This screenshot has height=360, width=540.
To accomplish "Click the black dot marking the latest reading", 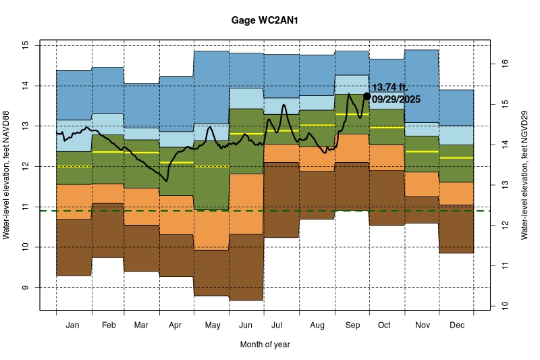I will pyautogui.click(x=367, y=96).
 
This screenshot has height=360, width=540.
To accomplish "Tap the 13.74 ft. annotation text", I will pyautogui.click(x=399, y=88).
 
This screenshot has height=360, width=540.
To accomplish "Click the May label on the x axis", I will pyautogui.click(x=212, y=326).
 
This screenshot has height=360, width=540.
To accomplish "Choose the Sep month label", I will pyautogui.click(x=352, y=326).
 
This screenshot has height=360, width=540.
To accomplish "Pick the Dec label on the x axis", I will pyautogui.click(x=456, y=326).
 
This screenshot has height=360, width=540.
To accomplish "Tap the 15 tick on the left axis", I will pyautogui.click(x=26, y=45).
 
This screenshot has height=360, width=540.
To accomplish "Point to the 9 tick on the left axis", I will pyautogui.click(x=26, y=288).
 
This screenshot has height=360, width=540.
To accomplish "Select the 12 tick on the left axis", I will pyautogui.click(x=26, y=166).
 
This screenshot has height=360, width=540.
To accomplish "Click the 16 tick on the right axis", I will pyautogui.click(x=503, y=63).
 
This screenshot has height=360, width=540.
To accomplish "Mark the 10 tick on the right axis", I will pyautogui.click(x=503, y=306).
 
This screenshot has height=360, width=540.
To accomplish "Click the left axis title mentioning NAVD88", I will pyautogui.click(x=7, y=176).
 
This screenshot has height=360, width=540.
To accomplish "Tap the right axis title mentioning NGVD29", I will pyautogui.click(x=524, y=176).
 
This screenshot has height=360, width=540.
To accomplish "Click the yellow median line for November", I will pyautogui.click(x=422, y=152).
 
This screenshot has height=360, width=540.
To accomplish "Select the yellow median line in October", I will pyautogui.click(x=387, y=128).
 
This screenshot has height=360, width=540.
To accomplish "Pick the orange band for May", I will pyautogui.click(x=211, y=230).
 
